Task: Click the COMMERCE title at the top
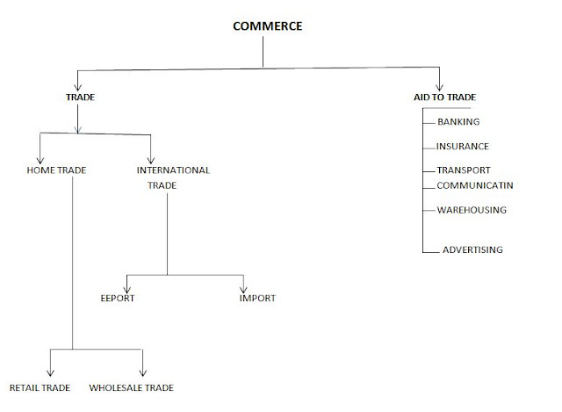(x=267, y=25)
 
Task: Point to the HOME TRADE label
(x=57, y=170)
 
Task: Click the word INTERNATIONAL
(x=174, y=170)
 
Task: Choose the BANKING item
(x=458, y=122)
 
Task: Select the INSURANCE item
(x=463, y=147)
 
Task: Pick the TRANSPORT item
(x=463, y=170)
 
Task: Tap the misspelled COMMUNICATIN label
(x=474, y=184)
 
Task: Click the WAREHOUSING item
(x=471, y=210)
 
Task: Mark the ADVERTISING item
(x=472, y=249)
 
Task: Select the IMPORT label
(x=257, y=298)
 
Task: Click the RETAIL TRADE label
(x=40, y=387)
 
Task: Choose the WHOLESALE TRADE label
(x=131, y=387)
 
